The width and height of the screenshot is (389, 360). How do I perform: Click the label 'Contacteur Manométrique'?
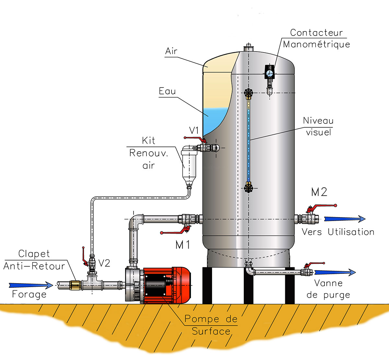point(316,38)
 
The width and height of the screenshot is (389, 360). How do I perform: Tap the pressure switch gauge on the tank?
point(269,73)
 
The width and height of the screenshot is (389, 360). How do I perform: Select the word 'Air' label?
point(171,51)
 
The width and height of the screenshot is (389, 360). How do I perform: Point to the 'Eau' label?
point(167,91)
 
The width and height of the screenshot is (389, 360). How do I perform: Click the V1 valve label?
point(194,130)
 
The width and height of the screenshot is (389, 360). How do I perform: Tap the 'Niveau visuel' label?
point(318,126)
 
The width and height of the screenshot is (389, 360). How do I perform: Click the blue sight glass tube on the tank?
point(249,139)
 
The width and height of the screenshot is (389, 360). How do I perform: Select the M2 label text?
point(319,192)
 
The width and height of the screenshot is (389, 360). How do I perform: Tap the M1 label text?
point(183,245)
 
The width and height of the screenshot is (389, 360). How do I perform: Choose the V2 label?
point(104,263)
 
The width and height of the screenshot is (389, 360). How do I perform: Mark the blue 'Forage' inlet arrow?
point(31,285)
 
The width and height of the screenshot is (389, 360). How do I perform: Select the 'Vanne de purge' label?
point(328,289)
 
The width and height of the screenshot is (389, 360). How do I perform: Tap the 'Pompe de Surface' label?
point(211,325)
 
